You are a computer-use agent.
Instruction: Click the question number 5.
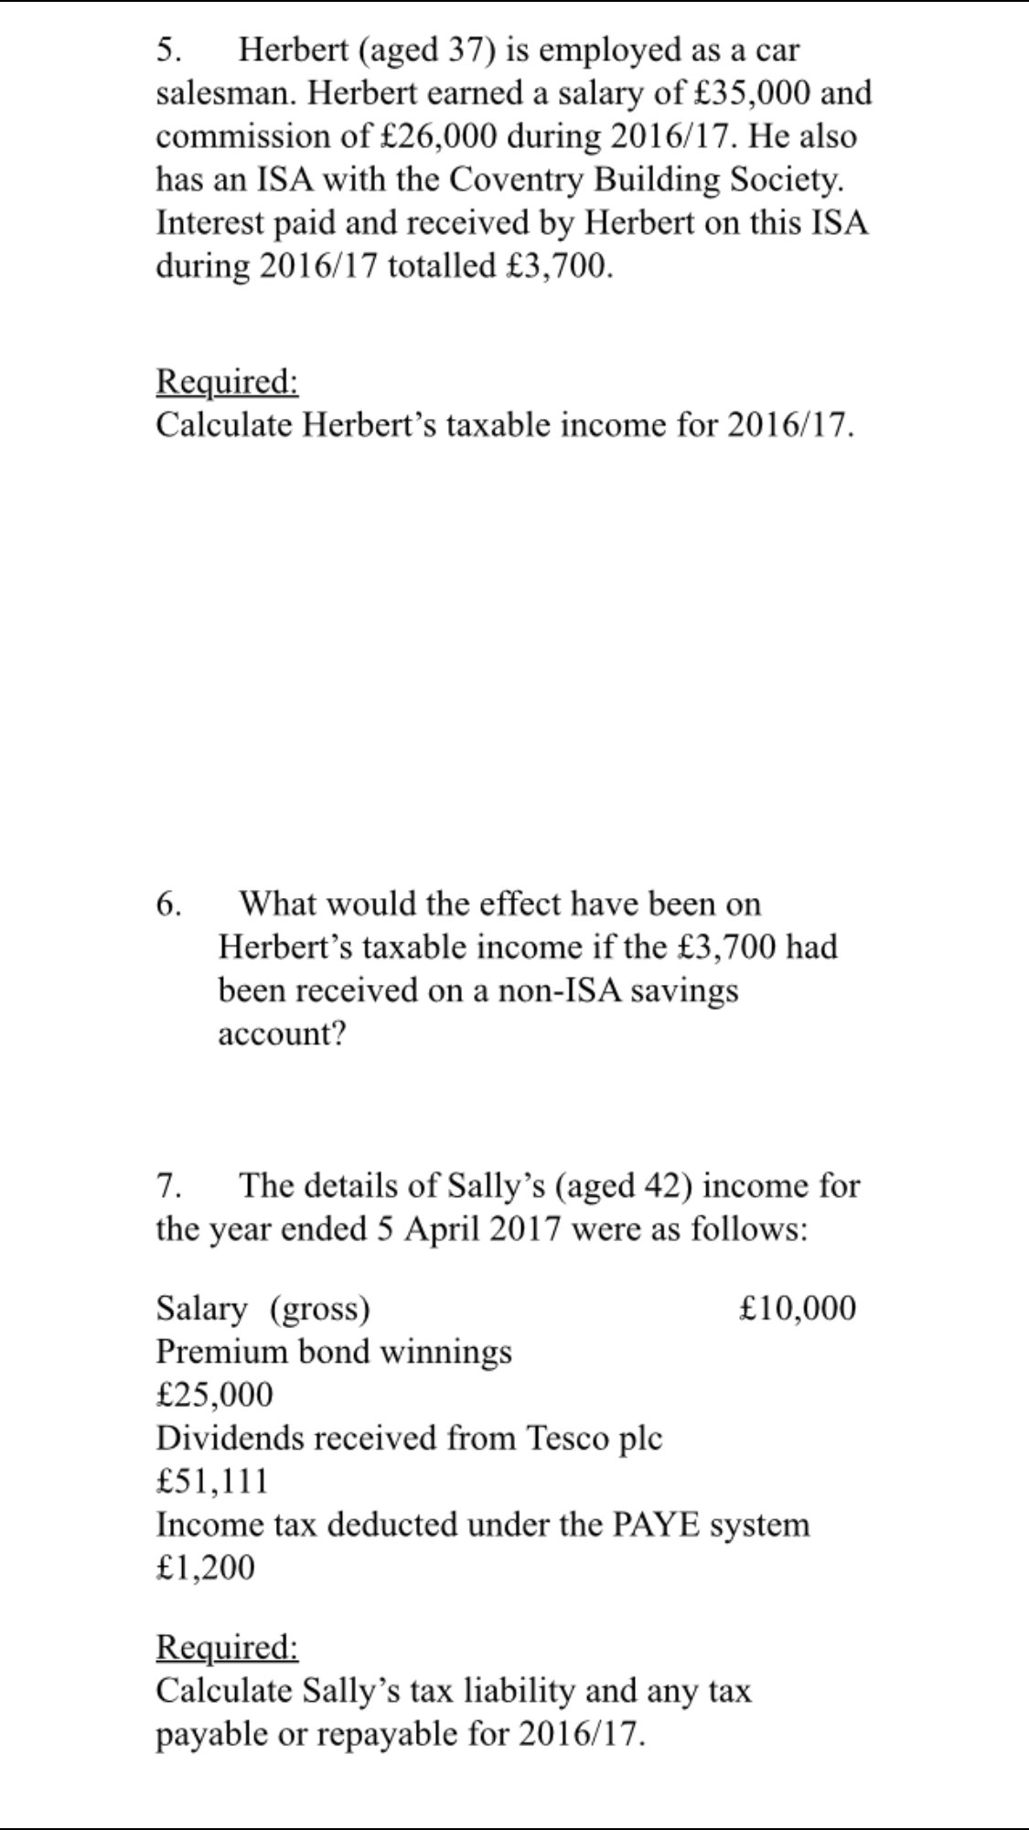tap(167, 49)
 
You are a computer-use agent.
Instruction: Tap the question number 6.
tap(167, 904)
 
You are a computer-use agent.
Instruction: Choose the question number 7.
tap(167, 1185)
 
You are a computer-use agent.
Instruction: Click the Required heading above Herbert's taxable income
tap(227, 381)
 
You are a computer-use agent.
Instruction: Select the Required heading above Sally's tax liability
tap(227, 1646)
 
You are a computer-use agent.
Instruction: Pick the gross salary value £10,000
tap(798, 1308)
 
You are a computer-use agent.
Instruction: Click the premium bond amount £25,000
tap(214, 1395)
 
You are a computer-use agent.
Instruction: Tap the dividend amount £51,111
tap(212, 1481)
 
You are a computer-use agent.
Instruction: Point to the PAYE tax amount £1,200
tap(205, 1568)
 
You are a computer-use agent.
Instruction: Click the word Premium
tap(221, 1351)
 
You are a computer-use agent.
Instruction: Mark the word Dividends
tap(229, 1438)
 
